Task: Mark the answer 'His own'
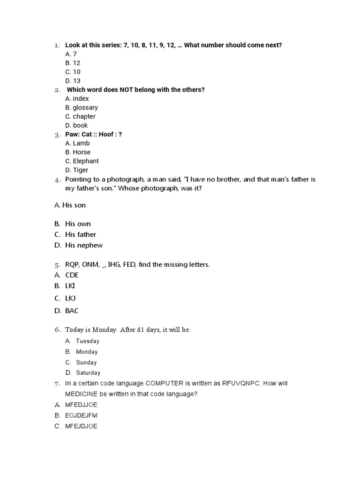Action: (78, 224)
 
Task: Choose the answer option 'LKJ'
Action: (71, 298)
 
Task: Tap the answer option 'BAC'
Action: (72, 310)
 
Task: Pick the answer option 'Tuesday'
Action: (88, 341)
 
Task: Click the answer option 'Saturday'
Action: (88, 373)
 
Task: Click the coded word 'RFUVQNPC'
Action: (239, 383)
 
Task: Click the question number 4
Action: (57, 180)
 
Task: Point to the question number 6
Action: (57, 330)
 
